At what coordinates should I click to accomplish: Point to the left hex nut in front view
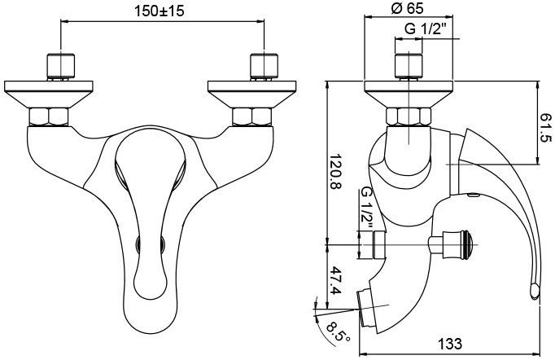[50, 116]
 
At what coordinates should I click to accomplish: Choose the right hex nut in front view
[253, 116]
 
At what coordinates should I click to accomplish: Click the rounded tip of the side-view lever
[534, 289]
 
